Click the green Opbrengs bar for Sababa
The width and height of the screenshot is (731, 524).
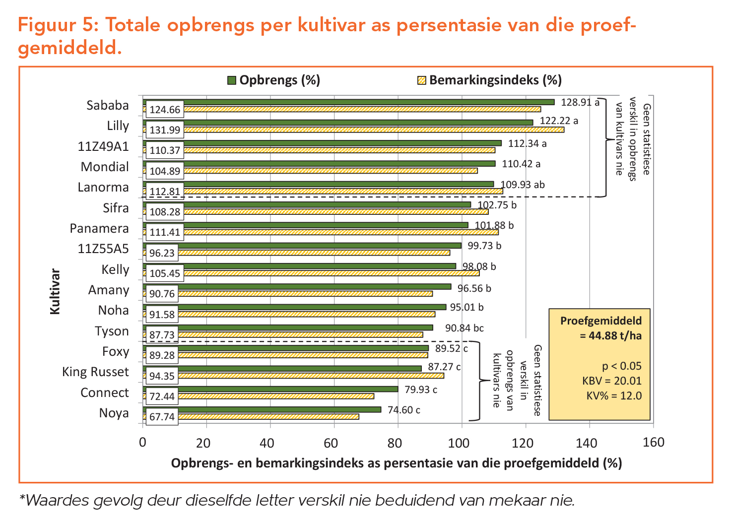(x=347, y=102)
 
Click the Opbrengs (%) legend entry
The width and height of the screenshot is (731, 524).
(x=274, y=80)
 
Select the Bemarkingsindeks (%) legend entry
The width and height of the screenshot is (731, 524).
(x=489, y=80)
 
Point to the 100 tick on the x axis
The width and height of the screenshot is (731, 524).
(x=461, y=443)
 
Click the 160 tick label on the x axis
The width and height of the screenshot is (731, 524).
(x=653, y=443)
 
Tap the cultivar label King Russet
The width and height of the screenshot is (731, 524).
(x=95, y=372)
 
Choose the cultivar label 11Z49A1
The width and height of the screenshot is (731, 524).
(x=103, y=146)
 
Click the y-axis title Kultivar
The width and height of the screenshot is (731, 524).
(x=55, y=292)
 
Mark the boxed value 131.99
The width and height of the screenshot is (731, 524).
(x=165, y=130)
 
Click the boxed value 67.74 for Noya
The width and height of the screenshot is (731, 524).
(x=162, y=417)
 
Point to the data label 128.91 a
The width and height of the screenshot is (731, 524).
(x=580, y=103)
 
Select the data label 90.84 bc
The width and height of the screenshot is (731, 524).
(x=464, y=328)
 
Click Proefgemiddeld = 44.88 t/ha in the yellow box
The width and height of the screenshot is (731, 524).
(x=601, y=328)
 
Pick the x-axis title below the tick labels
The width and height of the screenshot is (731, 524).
(x=396, y=463)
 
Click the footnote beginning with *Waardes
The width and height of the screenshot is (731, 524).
(x=297, y=500)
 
